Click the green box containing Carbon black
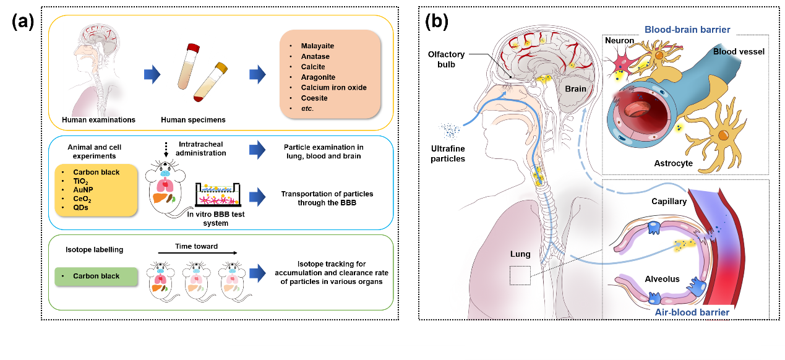point(96,276)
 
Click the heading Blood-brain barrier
point(688,29)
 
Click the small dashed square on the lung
point(519,275)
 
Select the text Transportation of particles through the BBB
point(325,199)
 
